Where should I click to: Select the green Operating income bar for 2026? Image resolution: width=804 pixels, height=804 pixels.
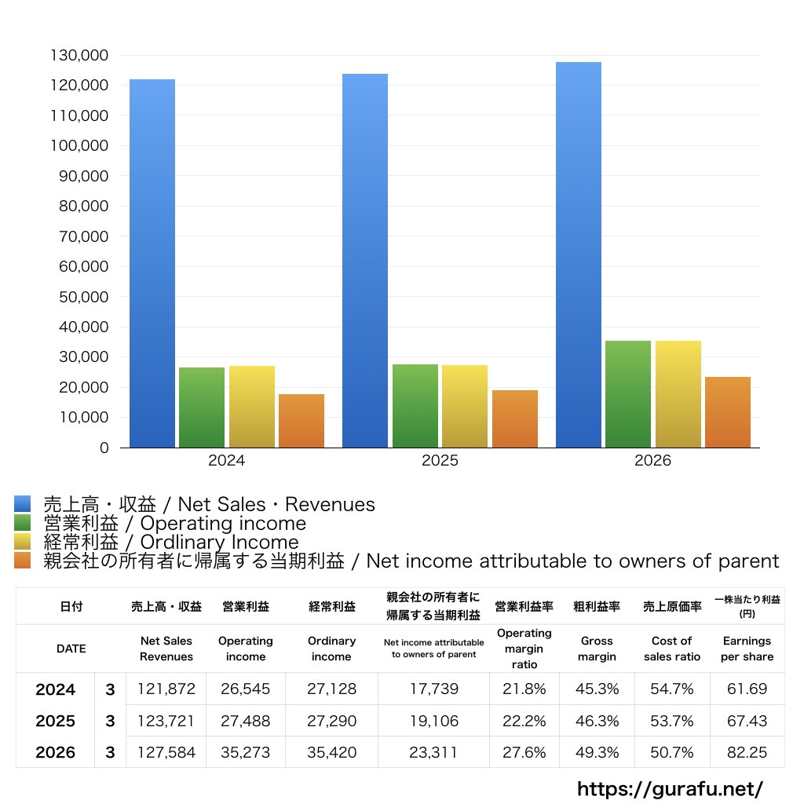628,393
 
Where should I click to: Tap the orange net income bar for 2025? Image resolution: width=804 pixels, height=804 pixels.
515,418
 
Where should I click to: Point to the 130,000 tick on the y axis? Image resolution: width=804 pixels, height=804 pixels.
79,56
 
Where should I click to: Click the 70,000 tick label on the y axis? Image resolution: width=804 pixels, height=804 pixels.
82,236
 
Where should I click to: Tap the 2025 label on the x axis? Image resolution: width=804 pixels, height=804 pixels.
440,461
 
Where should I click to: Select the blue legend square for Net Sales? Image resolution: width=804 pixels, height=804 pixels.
22,504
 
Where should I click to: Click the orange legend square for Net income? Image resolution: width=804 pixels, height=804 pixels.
22,561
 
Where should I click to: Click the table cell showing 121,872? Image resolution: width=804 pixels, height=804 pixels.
166,689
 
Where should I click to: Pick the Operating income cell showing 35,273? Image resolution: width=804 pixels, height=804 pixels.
245,752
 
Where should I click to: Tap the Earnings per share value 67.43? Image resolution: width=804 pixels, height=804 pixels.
746,721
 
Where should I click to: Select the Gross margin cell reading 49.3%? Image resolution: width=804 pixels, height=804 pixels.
598,752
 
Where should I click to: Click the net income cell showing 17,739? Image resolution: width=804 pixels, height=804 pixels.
433,689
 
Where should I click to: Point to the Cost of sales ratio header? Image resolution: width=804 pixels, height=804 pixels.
672,649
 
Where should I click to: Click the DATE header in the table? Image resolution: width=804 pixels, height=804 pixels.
71,649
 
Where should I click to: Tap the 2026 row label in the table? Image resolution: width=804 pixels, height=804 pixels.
56,752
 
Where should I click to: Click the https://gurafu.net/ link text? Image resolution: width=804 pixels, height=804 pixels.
670,788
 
